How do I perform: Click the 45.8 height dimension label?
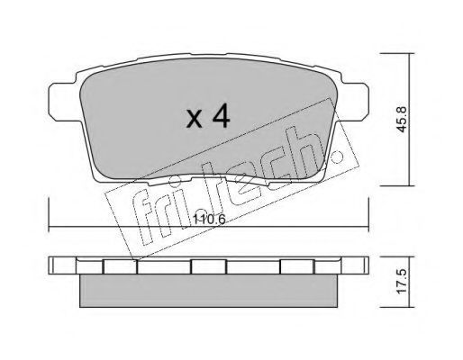402,119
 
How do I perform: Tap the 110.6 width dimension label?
209,220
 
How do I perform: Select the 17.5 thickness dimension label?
402,282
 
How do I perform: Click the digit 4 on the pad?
221,117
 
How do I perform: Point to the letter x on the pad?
194,119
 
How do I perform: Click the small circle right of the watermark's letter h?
337,156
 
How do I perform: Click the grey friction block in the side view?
208,291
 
